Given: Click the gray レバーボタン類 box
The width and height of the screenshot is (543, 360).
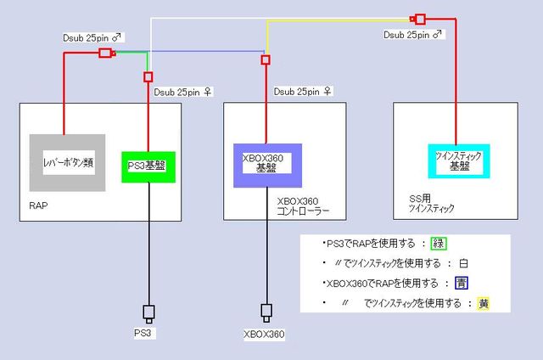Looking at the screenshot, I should [67, 161].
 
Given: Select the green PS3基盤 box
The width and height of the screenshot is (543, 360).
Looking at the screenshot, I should [148, 166].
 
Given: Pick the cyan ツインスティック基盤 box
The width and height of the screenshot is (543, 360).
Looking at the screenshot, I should [459, 160].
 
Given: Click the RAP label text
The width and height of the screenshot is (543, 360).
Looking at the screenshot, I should [36, 206].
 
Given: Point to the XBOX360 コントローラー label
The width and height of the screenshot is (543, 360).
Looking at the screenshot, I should [303, 206].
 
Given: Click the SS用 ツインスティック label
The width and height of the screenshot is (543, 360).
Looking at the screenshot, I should [432, 204].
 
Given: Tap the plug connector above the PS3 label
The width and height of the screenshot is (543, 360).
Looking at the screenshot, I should [148, 312].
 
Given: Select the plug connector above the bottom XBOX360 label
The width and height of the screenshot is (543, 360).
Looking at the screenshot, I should [266, 312].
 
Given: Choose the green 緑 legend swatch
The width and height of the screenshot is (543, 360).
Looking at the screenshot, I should [439, 244].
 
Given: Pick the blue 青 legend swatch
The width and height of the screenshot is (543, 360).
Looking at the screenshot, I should [459, 283].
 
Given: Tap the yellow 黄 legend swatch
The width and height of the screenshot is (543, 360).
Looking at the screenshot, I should [482, 303].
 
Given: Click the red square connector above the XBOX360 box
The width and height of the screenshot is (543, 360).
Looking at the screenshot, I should [266, 59].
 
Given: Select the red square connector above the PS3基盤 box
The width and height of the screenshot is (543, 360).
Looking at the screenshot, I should [148, 76].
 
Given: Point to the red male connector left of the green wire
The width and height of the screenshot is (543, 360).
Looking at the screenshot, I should [106, 53].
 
